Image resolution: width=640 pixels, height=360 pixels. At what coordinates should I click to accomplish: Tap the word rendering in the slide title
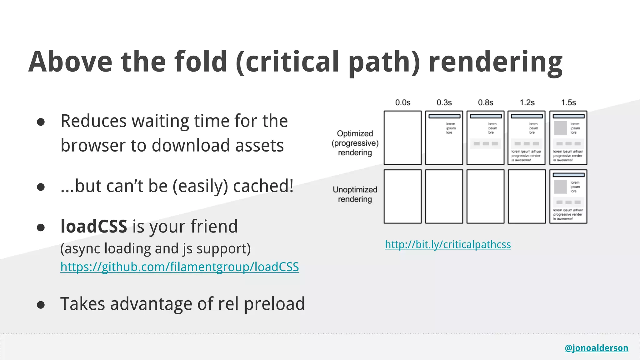[495, 62]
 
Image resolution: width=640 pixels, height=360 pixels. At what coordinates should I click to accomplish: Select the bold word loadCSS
[94, 226]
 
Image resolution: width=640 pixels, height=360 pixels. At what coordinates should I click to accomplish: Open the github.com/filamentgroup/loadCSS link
[180, 267]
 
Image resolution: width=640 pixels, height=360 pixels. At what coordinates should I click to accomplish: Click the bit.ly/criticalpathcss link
[448, 244]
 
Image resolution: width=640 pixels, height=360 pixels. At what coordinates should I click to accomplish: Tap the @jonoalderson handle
[596, 348]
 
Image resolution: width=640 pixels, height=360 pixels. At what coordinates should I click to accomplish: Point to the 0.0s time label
[402, 102]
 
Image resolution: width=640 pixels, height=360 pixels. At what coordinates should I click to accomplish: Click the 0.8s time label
[485, 102]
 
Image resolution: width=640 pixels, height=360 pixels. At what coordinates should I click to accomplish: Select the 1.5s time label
[568, 102]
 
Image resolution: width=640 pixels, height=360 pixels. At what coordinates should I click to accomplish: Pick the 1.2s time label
[527, 102]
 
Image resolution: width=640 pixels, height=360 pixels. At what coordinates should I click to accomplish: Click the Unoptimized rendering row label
[355, 194]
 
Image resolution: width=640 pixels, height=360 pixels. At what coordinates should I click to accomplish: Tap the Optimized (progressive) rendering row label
[355, 143]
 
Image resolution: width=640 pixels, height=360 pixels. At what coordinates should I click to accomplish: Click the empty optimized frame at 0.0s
[402, 138]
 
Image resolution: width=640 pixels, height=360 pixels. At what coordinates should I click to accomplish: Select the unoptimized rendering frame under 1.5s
[568, 197]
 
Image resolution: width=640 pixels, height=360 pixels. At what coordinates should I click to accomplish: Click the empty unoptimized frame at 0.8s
[485, 197]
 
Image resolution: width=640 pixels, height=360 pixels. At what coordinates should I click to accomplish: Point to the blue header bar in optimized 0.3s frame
[444, 116]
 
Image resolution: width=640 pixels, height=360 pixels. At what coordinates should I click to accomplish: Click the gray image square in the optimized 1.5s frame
[560, 128]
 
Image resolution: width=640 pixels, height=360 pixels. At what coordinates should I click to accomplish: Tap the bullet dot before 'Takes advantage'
[41, 305]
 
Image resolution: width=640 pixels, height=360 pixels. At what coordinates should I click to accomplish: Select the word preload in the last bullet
[274, 304]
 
